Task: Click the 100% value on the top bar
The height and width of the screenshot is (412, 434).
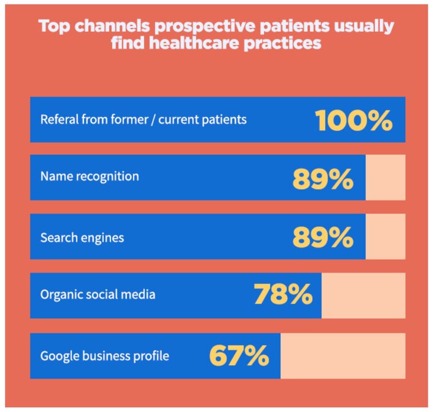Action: pyautogui.click(x=353, y=120)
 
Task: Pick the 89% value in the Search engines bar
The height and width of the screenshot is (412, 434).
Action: pyautogui.click(x=323, y=237)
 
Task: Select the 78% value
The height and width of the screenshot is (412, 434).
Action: pyautogui.click(x=283, y=295)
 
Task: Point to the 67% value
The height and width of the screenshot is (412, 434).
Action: pyautogui.click(x=239, y=355)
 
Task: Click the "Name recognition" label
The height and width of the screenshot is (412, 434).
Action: pyautogui.click(x=89, y=177)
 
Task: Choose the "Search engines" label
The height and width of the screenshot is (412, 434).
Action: pyautogui.click(x=82, y=237)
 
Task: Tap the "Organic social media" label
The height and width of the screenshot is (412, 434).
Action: pyautogui.click(x=98, y=295)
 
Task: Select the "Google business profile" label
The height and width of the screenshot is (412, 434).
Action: pyautogui.click(x=105, y=356)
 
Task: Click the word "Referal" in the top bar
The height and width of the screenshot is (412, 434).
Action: pyautogui.click(x=57, y=120)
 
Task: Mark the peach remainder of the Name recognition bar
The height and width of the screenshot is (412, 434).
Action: pyautogui.click(x=385, y=178)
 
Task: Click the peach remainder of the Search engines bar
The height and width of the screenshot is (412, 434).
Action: pyautogui.click(x=385, y=237)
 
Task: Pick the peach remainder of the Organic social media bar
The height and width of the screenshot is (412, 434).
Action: pyautogui.click(x=363, y=295)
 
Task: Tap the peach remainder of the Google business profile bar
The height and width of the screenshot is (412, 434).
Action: pyautogui.click(x=343, y=355)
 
